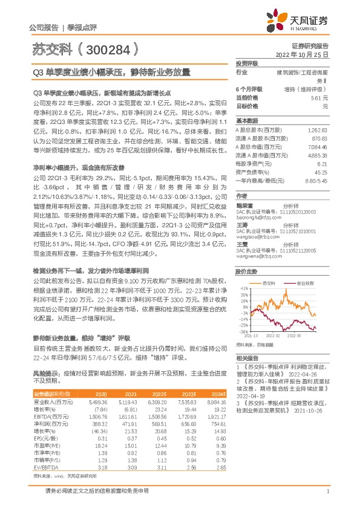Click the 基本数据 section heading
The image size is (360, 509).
coord(246,120)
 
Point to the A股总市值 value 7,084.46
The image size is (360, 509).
coord(317,146)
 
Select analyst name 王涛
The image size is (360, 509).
coord(241,224)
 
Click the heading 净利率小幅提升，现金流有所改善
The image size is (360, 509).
coord(79,166)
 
